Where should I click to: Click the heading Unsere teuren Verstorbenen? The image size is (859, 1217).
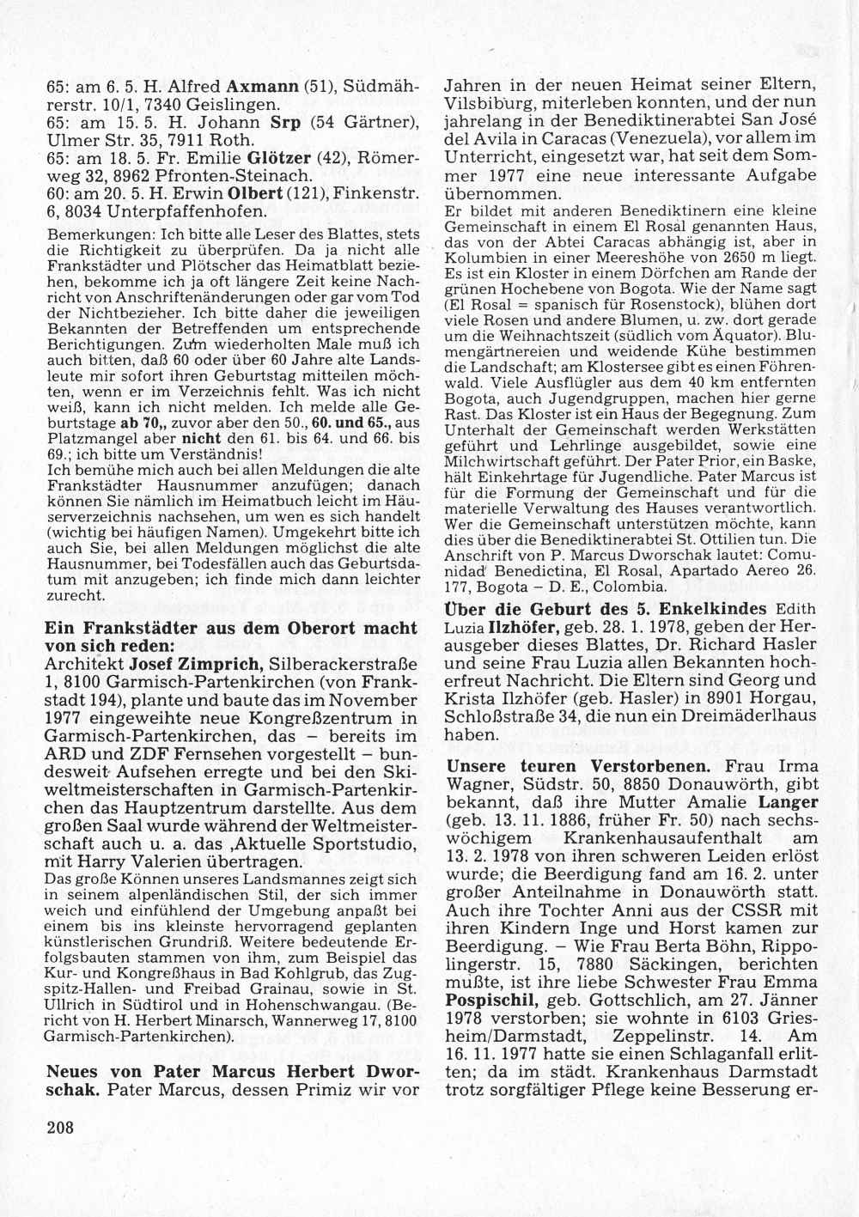pos(582,764)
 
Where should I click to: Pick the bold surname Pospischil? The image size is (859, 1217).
pos(486,1001)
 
